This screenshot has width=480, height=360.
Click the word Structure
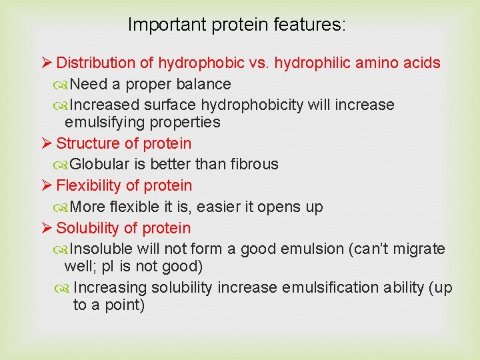pyautogui.click(x=85, y=143)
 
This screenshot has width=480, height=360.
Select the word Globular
pyautogui.click(x=99, y=165)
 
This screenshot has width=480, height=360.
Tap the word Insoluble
pyautogui.click(x=101, y=249)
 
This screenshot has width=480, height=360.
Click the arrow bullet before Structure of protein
pyautogui.click(x=46, y=143)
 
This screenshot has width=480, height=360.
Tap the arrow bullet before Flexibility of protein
pyautogui.click(x=46, y=186)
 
